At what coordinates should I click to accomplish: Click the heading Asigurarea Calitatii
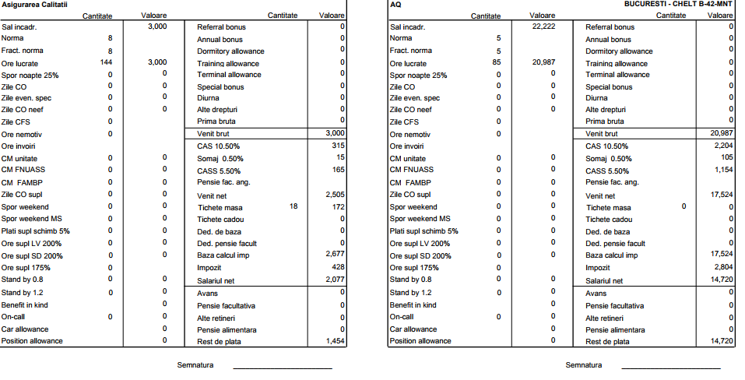[34, 5]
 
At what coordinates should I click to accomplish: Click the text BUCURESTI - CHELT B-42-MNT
[678, 5]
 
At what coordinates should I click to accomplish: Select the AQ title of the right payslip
[395, 5]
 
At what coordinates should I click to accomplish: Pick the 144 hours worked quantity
[107, 62]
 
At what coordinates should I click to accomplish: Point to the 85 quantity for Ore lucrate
[496, 62]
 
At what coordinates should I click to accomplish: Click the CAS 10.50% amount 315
[338, 146]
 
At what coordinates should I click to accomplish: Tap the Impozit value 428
[338, 266]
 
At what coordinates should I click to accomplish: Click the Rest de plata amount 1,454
[336, 341]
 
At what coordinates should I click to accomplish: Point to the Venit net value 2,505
[336, 195]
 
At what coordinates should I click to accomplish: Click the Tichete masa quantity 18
[293, 207]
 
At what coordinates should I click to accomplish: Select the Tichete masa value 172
[338, 207]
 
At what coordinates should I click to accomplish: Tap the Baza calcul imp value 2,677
[336, 254]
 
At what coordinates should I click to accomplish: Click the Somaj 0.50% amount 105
[726, 157]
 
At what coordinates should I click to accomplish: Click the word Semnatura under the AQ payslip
[583, 365]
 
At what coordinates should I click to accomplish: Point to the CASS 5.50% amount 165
[338, 170]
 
